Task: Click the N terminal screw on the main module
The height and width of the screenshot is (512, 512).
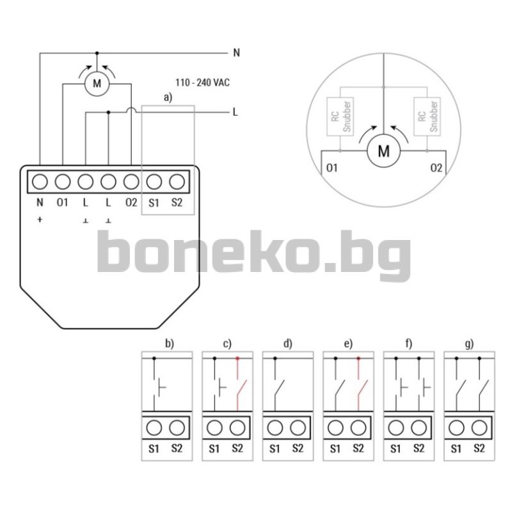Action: coord(40,182)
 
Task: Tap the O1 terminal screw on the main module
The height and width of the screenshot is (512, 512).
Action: coord(63,182)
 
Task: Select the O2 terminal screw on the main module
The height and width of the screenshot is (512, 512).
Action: coord(131,182)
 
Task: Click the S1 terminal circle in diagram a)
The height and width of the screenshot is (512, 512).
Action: coord(154,182)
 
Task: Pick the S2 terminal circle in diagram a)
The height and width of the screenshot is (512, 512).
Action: coord(177,182)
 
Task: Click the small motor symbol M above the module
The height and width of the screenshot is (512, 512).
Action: coord(97,84)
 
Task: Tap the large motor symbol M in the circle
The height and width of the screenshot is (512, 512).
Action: coord(383,151)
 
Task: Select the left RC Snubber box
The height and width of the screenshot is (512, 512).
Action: coord(340,116)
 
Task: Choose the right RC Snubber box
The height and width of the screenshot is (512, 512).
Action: coord(427,116)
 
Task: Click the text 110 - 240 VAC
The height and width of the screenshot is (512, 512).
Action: coord(202,83)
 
